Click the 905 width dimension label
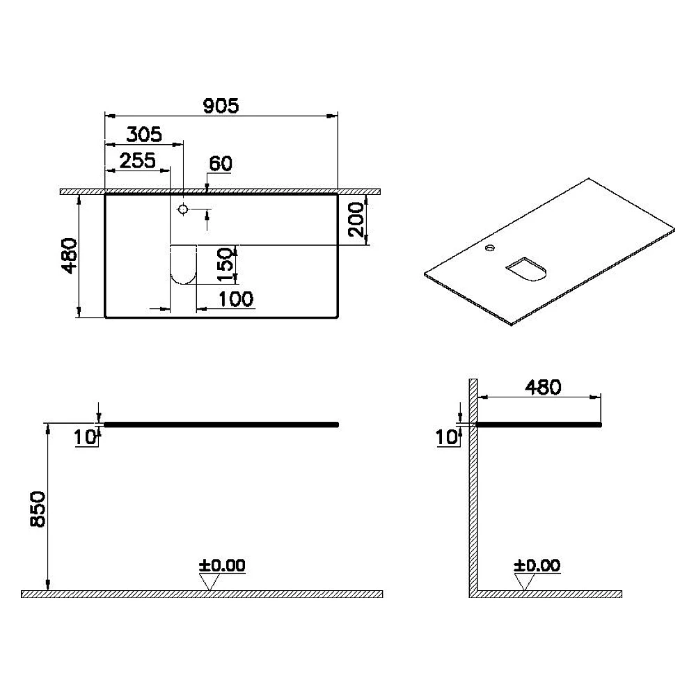(x=221, y=106)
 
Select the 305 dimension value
(x=144, y=134)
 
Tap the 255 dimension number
(x=138, y=160)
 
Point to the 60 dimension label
(x=221, y=164)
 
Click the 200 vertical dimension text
(x=356, y=220)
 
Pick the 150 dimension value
(x=226, y=265)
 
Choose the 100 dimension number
(x=236, y=299)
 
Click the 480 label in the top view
(x=69, y=256)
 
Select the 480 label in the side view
(x=544, y=388)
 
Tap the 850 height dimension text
(x=38, y=509)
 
